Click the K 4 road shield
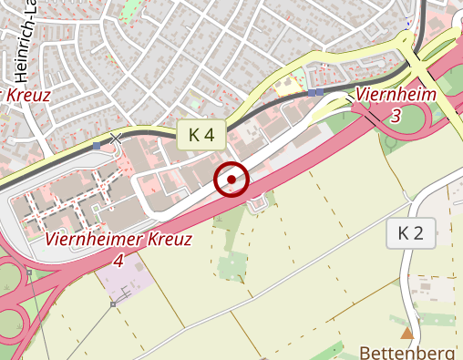(x=201, y=135)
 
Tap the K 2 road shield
(x=411, y=233)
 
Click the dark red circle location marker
(x=231, y=180)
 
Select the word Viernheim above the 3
(x=396, y=94)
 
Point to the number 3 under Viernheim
(x=395, y=115)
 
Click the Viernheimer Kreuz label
(x=118, y=241)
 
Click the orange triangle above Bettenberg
(x=406, y=333)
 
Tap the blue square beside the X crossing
(x=97, y=144)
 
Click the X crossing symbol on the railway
(x=115, y=139)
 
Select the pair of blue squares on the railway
(x=315, y=93)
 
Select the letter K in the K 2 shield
(x=404, y=233)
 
